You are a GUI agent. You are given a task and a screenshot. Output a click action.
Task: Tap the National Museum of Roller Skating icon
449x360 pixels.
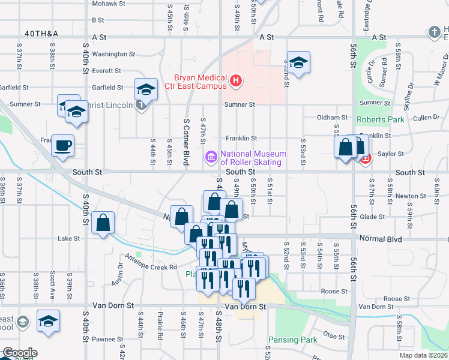[x=211, y=158]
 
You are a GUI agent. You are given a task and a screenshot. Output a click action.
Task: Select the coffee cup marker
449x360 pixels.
[x=62, y=146]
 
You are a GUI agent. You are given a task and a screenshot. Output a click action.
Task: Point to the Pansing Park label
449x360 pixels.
[x=292, y=340]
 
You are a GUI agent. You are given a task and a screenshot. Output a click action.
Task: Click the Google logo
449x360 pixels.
[x=20, y=353]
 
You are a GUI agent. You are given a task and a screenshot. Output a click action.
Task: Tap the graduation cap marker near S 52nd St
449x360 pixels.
[x=298, y=62]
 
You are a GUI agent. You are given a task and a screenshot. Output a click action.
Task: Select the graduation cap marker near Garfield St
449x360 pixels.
[x=145, y=90]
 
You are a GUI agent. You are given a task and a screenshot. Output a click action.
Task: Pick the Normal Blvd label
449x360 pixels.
[x=381, y=238]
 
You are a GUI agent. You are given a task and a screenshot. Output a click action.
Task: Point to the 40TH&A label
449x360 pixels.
[x=42, y=34]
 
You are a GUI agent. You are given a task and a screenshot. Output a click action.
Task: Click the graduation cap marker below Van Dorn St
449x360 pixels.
[x=48, y=321]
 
